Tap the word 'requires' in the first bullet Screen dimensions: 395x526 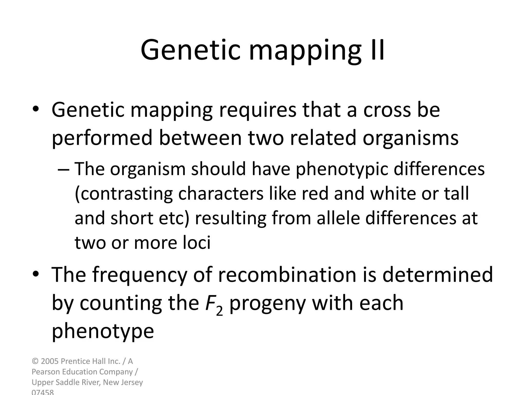[x=257, y=110]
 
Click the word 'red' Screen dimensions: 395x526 [x=315, y=194]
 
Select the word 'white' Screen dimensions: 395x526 [x=394, y=194]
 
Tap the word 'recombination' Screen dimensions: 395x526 [x=287, y=275]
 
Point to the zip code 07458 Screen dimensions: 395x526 [x=43, y=392]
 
